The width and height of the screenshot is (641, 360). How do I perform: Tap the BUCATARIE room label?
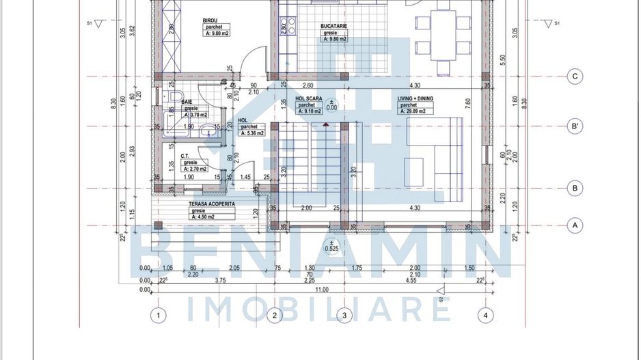(335, 26)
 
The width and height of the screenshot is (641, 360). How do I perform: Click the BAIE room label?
(187, 101)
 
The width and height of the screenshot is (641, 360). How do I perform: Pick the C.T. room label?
(185, 156)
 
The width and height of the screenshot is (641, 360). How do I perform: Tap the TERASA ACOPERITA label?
(212, 204)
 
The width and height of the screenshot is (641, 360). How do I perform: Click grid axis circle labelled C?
(575, 77)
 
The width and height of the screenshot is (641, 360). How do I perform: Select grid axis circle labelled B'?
(575, 126)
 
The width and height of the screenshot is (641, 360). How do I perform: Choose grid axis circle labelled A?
(575, 224)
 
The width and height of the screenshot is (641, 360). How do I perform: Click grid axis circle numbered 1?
(158, 315)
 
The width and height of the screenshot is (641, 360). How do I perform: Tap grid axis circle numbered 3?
(344, 315)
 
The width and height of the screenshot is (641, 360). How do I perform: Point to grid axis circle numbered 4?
(485, 315)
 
